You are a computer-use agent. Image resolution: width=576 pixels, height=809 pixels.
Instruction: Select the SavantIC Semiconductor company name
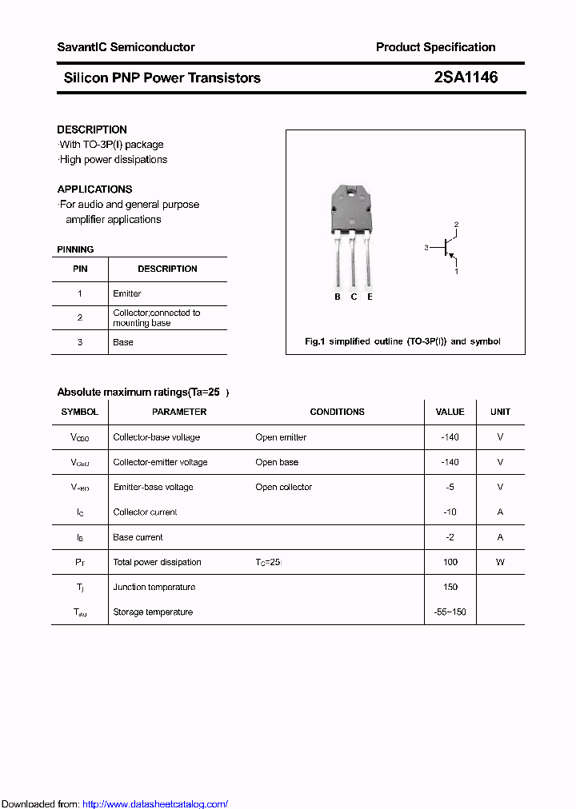pyautogui.click(x=126, y=47)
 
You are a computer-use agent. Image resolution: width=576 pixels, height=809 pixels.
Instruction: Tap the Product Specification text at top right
pyautogui.click(x=435, y=47)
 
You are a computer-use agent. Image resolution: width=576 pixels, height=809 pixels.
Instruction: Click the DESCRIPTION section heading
pyautogui.click(x=92, y=130)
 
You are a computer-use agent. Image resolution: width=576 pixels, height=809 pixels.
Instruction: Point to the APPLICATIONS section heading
pyautogui.click(x=94, y=189)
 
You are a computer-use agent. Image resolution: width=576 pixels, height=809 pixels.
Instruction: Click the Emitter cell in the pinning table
pyautogui.click(x=127, y=293)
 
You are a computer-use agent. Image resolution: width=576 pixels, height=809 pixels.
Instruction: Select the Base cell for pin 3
pyautogui.click(x=123, y=342)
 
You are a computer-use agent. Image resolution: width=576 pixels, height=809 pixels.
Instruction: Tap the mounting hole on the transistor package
pyautogui.click(x=351, y=192)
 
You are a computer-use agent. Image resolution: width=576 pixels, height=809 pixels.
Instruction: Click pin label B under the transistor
pyautogui.click(x=338, y=297)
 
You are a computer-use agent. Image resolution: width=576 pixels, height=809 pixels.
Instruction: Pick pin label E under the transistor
pyautogui.click(x=370, y=297)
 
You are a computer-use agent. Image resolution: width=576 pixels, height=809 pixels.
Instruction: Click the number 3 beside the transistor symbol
pyautogui.click(x=426, y=248)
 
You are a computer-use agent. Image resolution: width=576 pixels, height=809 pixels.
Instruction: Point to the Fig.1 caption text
pyautogui.click(x=402, y=341)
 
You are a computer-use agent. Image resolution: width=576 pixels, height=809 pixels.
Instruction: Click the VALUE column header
pyautogui.click(x=450, y=412)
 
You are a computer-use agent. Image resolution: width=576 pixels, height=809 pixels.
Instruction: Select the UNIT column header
pyautogui.click(x=500, y=412)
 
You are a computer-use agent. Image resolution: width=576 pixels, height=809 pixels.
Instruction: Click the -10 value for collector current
pyautogui.click(x=450, y=512)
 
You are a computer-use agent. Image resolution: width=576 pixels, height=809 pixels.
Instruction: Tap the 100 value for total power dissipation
pyautogui.click(x=450, y=562)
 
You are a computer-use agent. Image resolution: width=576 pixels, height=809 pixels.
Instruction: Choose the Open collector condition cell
pyautogui.click(x=283, y=487)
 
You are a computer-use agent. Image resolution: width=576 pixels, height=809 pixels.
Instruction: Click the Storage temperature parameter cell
pyautogui.click(x=153, y=612)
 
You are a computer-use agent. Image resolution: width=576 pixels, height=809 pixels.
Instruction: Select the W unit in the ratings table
pyautogui.click(x=500, y=562)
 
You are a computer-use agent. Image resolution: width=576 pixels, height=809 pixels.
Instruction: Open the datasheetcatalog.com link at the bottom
pyautogui.click(x=155, y=804)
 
